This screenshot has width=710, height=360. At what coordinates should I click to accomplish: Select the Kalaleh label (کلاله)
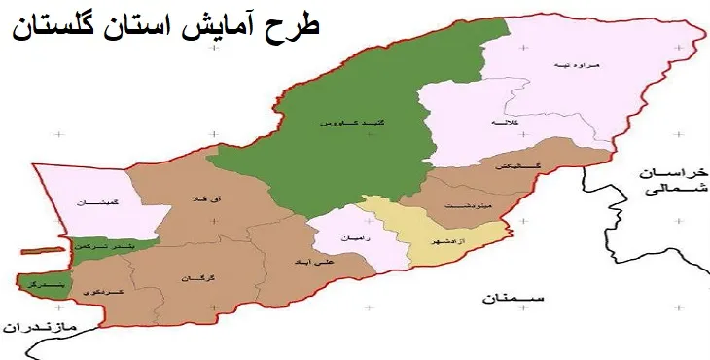click(506, 124)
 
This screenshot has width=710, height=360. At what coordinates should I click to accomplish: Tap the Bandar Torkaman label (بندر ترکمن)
click(100, 246)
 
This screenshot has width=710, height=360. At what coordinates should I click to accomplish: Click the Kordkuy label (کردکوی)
click(100, 292)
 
